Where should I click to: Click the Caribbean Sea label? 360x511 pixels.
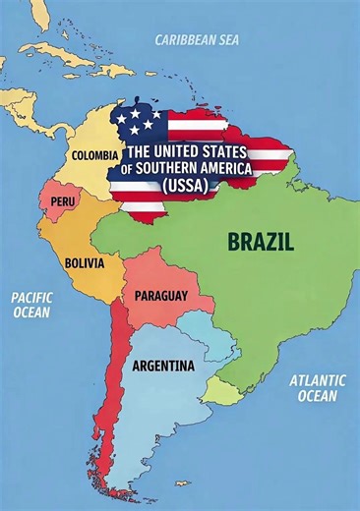197,40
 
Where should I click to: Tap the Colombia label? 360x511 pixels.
94,154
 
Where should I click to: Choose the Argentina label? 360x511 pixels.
163,366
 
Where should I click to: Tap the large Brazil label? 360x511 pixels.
260,240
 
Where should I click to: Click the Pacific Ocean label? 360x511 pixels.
31,304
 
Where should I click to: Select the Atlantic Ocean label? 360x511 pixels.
316,388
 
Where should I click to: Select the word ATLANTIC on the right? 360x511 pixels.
316,380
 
